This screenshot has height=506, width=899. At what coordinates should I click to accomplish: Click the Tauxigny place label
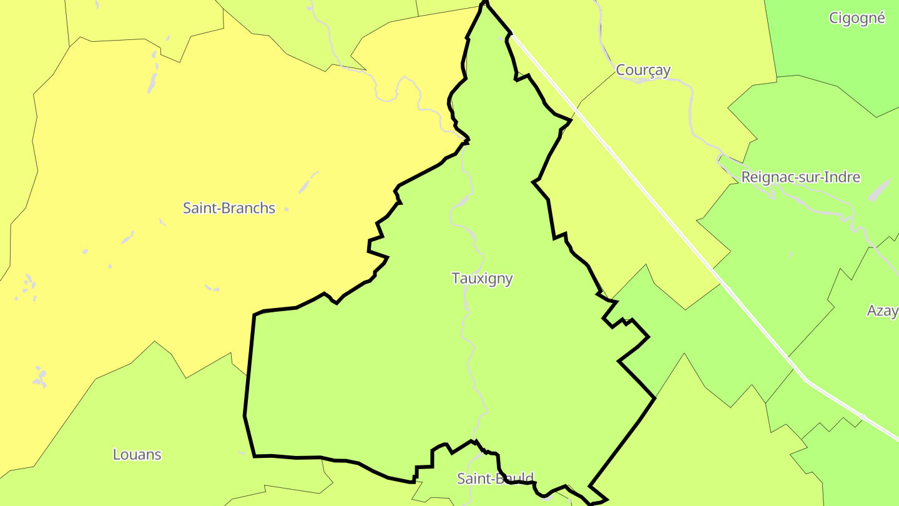[x=482, y=279]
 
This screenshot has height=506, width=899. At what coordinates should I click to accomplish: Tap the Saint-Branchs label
[x=228, y=208]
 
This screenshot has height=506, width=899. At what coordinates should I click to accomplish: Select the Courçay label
[x=643, y=70]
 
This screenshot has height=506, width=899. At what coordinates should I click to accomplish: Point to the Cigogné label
[x=857, y=18]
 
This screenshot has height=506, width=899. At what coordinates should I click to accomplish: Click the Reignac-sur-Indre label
[x=800, y=177]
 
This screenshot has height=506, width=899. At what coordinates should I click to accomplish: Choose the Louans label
[x=137, y=455]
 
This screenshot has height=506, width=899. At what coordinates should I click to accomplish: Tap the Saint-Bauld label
[x=495, y=479]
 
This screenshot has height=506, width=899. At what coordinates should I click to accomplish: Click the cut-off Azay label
[x=882, y=310]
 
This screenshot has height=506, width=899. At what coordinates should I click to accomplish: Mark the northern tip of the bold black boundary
[x=484, y=2]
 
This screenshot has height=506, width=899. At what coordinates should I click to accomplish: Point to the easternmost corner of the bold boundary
[x=654, y=398]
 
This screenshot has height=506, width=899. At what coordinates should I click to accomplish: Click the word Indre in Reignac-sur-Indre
[x=842, y=177]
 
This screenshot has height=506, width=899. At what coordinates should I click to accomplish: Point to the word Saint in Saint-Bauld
[x=472, y=479]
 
